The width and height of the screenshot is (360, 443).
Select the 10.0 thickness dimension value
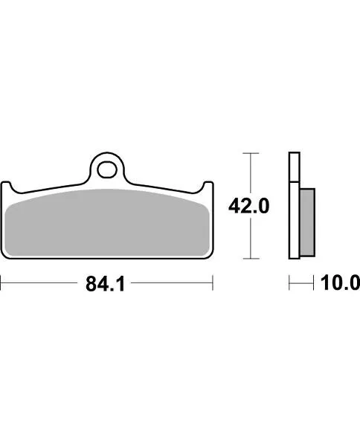[x=341, y=283]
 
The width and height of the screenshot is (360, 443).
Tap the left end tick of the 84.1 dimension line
[x=1, y=283]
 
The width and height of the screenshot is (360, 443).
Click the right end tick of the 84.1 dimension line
[x=213, y=283]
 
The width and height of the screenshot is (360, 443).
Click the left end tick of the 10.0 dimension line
[x=289, y=283]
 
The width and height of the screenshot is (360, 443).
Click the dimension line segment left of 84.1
[x=41, y=283]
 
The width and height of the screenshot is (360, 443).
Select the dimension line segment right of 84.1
[x=175, y=283]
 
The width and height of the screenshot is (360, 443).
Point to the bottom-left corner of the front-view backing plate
[x=6, y=256]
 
